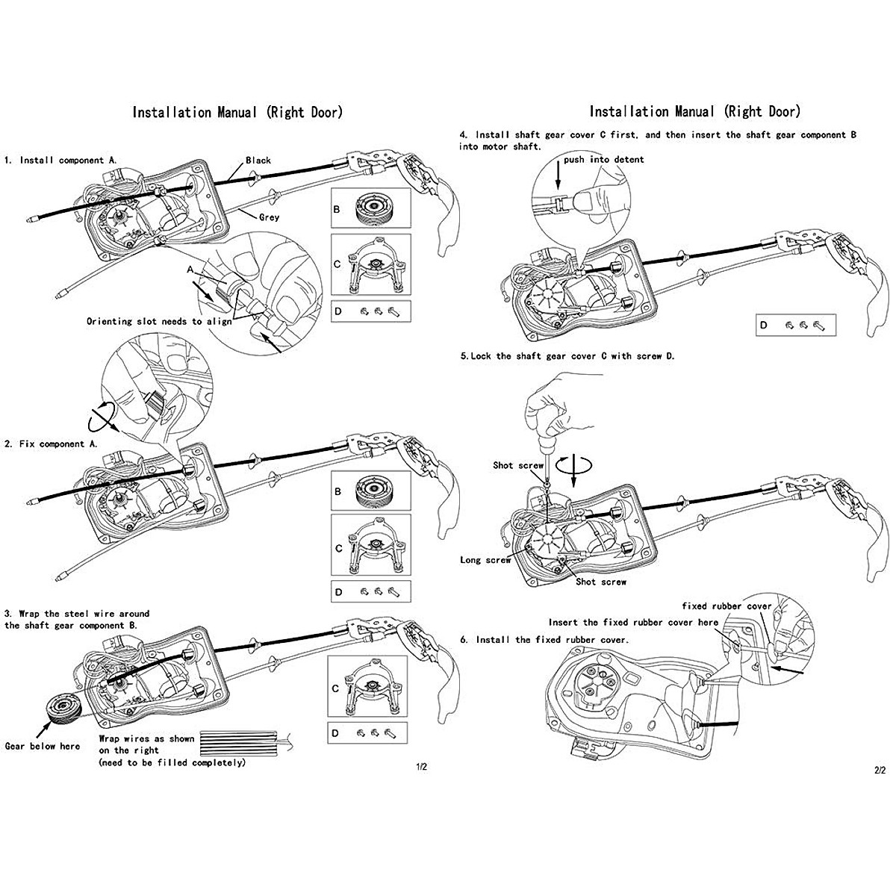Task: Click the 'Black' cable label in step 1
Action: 258,161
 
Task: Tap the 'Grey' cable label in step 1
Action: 269,217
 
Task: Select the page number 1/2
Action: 423,767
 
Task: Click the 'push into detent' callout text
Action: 604,159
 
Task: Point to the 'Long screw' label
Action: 485,560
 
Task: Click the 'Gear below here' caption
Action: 42,746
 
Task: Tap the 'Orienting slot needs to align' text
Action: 159,322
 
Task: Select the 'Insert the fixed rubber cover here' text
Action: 633,623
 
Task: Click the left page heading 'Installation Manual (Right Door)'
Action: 237,113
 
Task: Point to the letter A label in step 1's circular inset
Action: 190,268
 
